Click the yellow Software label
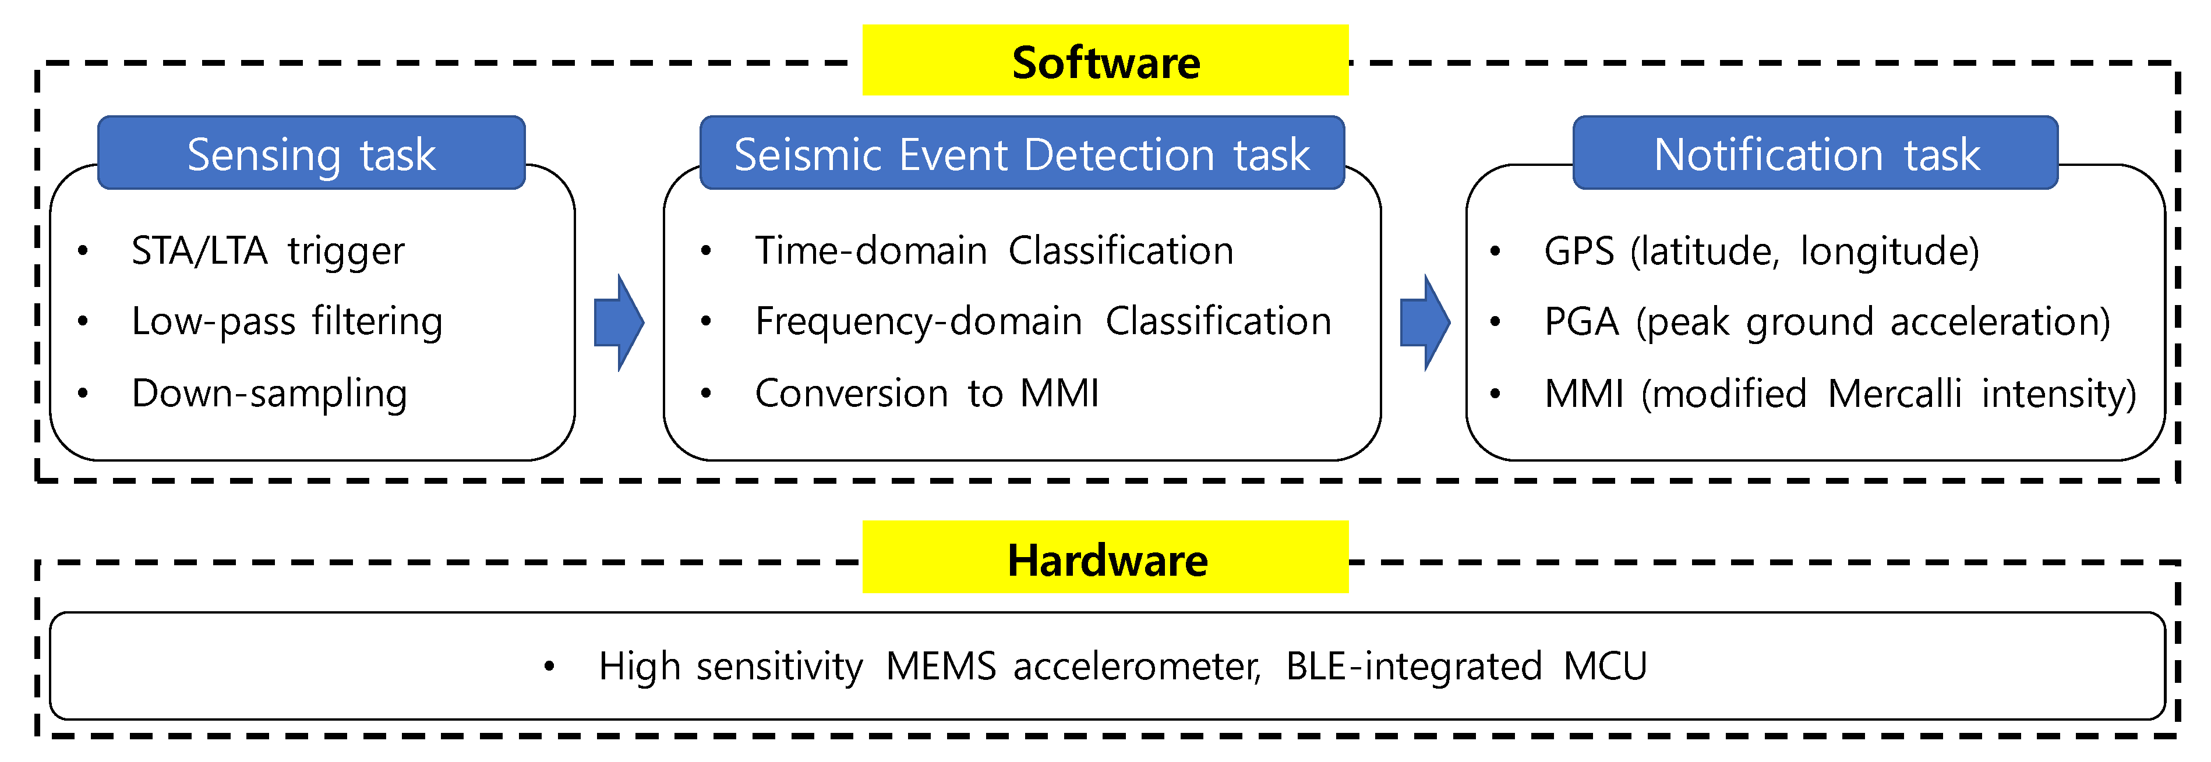(1105, 61)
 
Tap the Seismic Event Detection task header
(1022, 154)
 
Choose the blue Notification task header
(1816, 154)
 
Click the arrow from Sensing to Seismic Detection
(618, 322)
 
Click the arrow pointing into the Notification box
(1424, 322)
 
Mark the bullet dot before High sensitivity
(549, 667)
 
